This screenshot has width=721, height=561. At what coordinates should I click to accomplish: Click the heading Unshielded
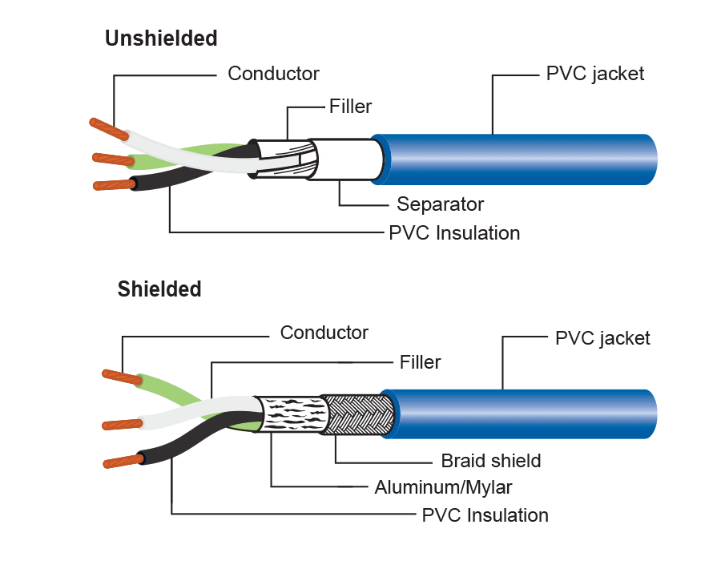(161, 38)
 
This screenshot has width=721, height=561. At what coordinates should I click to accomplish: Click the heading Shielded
(159, 289)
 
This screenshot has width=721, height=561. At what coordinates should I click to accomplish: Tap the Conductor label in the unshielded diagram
(273, 74)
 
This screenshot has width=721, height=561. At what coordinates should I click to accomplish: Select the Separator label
(441, 204)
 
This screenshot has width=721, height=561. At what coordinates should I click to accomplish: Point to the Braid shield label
(491, 461)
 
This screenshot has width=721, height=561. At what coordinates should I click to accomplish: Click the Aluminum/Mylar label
(443, 487)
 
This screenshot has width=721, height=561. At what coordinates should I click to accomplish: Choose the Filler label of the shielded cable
(421, 362)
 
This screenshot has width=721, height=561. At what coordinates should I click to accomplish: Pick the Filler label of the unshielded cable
(351, 106)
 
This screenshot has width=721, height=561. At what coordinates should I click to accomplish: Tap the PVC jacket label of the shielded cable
(602, 338)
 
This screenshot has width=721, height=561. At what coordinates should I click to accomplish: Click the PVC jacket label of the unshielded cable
(595, 75)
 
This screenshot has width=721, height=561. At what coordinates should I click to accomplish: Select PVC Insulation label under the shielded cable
(485, 515)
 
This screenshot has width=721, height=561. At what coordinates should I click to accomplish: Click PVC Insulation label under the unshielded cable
(454, 233)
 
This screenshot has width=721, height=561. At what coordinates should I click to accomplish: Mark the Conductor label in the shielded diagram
(324, 332)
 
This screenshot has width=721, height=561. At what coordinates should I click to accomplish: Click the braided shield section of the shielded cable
(356, 414)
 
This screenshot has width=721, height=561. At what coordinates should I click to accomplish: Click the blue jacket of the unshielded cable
(521, 159)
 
